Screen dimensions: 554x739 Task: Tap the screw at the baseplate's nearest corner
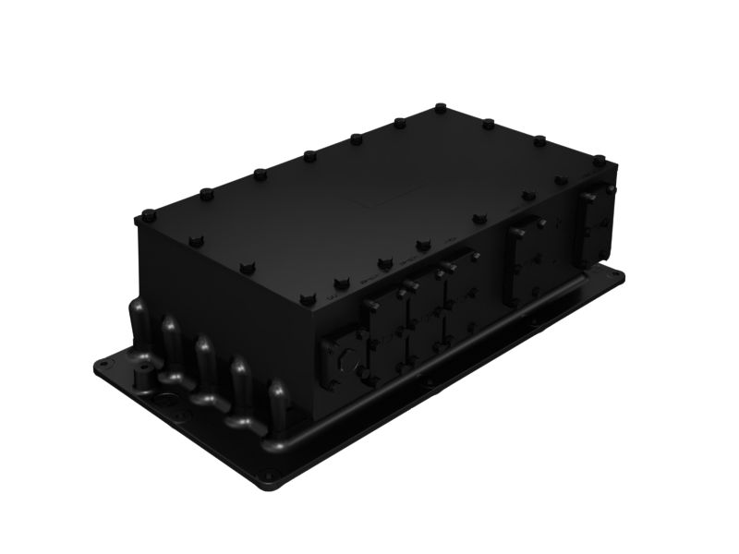(267, 481)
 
